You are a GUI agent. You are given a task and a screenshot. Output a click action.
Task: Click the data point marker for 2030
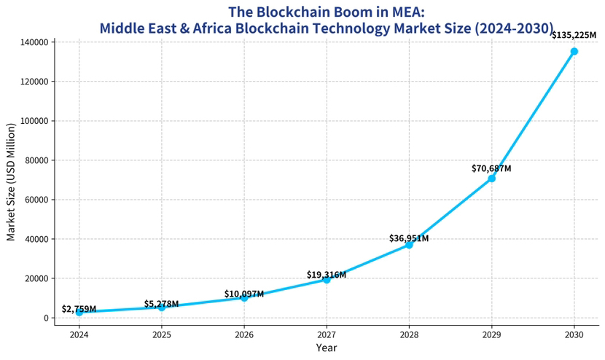[x=574, y=51]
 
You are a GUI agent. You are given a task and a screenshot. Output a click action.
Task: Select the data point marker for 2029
[x=492, y=179]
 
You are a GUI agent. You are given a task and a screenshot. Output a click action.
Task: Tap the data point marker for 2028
[x=409, y=245]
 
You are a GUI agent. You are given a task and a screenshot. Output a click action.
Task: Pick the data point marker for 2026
[x=244, y=297]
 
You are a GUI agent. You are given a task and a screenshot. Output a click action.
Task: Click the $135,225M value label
[x=574, y=34]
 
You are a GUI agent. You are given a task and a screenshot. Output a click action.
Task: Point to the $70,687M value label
[x=491, y=168]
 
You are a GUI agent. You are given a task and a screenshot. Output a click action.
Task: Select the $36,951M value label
[x=409, y=238]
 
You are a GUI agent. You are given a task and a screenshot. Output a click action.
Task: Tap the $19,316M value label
[x=327, y=275]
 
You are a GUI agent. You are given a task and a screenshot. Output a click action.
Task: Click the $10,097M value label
[x=244, y=294]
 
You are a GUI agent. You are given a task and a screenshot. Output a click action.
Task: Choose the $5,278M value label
[x=161, y=304]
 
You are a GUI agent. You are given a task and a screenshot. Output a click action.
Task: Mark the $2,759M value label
[x=79, y=309]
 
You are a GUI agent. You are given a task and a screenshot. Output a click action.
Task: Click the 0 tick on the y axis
[x=47, y=318]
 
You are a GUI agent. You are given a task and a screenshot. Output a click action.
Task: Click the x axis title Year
[x=327, y=348]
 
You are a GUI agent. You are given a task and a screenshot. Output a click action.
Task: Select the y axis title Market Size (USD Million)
[x=11, y=179]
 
